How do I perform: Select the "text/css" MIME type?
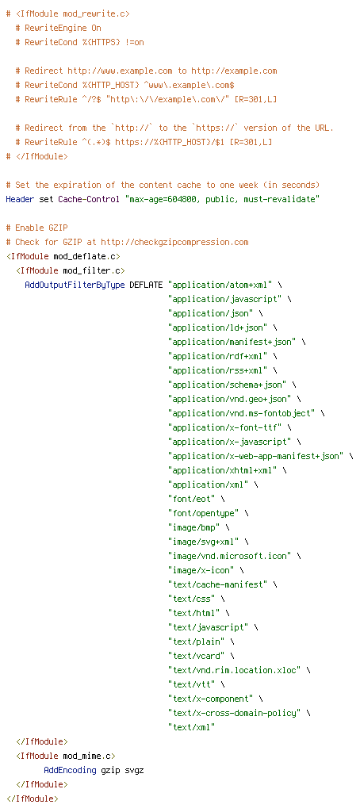point(192,613)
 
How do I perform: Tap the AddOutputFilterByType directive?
point(75,285)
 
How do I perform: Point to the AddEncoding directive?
point(70,770)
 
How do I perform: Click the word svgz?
point(134,770)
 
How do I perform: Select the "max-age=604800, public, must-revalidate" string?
point(222,199)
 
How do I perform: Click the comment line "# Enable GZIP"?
point(36,228)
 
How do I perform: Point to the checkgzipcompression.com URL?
point(174,242)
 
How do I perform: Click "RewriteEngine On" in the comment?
point(63,28)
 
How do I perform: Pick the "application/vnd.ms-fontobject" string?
point(241,412)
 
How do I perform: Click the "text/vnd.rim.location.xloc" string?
point(234,669)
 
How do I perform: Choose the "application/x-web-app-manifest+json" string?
point(256,456)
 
